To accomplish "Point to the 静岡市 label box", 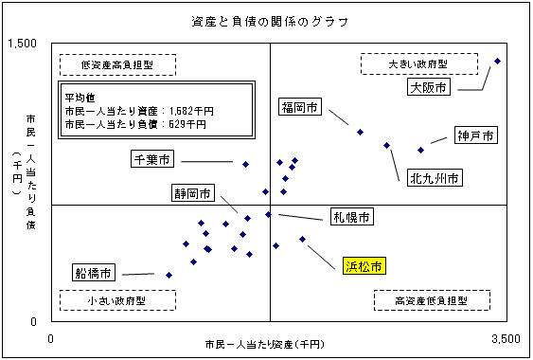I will [x=191, y=193].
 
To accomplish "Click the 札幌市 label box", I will [x=352, y=217].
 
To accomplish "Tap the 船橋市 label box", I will [x=95, y=273].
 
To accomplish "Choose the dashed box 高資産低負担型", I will [x=433, y=299].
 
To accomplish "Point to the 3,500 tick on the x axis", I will [x=506, y=338].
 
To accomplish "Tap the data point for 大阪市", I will [x=498, y=61].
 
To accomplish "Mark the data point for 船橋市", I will [x=169, y=276].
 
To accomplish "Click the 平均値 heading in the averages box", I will [x=79, y=97].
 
